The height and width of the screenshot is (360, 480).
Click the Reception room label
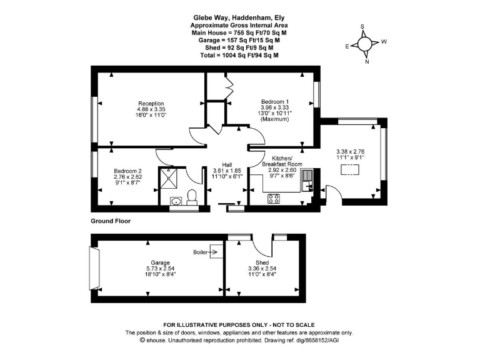pyautogui.click(x=151, y=104)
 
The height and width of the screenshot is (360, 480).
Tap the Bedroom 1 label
pyautogui.click(x=275, y=102)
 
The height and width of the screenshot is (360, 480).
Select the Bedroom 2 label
pyautogui.click(x=127, y=171)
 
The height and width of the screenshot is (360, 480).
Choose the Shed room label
pyautogui.click(x=262, y=262)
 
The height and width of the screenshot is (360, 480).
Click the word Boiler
pyautogui.click(x=200, y=252)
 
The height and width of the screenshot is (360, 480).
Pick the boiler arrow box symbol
pyautogui.click(x=216, y=252)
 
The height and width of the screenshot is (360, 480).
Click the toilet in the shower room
pyautogui.click(x=192, y=196)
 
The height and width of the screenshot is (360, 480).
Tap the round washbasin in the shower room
pyautogui.click(x=176, y=201)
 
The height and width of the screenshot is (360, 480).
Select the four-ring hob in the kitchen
pyautogui.click(x=274, y=199)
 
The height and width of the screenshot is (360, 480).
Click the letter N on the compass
pyautogui.click(x=367, y=61)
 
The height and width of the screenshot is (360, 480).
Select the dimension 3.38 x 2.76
pyautogui.click(x=350, y=151)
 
